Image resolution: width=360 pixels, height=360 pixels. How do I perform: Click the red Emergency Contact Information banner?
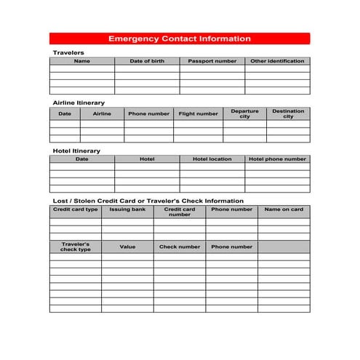(x=180, y=39)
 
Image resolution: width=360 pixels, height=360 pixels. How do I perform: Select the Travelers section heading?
(x=68, y=53)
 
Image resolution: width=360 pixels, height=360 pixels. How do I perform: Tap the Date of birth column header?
(x=147, y=61)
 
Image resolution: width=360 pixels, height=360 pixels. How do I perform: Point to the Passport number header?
(x=212, y=61)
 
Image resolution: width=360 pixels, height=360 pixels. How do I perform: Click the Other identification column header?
(x=277, y=61)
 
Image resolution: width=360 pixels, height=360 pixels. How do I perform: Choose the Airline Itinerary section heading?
(x=79, y=103)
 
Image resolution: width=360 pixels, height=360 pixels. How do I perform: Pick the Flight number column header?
(x=198, y=113)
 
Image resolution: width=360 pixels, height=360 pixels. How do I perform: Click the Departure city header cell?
(x=244, y=113)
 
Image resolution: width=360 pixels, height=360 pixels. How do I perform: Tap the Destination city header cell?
(x=288, y=113)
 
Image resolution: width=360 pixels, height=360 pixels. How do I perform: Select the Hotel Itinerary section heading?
(x=76, y=151)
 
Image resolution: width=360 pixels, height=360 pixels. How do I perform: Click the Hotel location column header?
(x=212, y=159)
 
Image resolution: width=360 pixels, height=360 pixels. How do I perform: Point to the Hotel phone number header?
(x=277, y=159)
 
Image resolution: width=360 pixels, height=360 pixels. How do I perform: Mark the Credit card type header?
(x=75, y=209)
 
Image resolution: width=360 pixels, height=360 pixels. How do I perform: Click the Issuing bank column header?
(x=127, y=209)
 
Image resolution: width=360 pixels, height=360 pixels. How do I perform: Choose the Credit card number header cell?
(x=179, y=212)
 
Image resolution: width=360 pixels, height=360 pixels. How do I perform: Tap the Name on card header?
(x=284, y=209)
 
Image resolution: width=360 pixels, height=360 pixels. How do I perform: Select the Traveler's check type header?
(x=75, y=247)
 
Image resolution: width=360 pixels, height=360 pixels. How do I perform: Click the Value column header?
(x=127, y=247)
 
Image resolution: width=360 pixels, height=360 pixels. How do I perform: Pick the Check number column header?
(x=179, y=247)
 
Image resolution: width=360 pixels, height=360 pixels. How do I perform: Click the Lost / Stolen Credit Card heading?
(x=148, y=201)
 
